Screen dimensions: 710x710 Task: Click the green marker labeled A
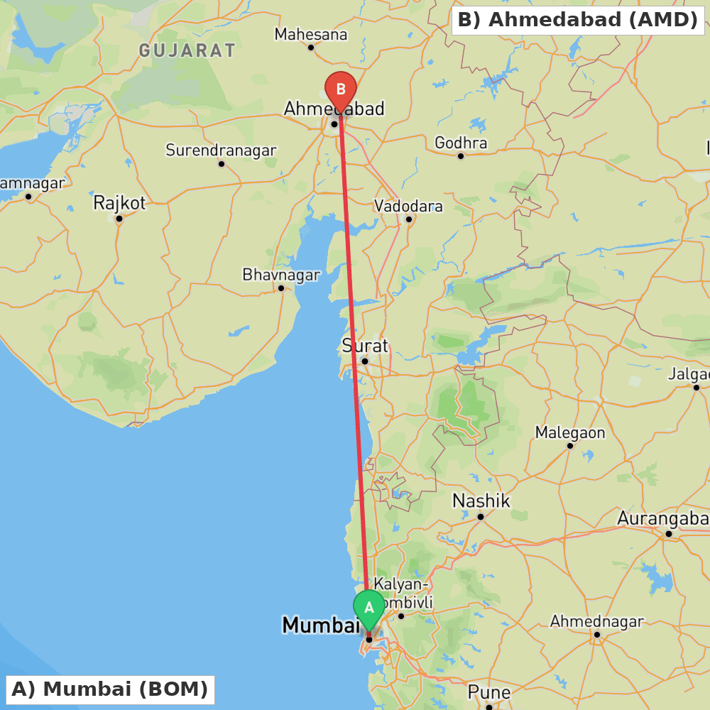[369, 608]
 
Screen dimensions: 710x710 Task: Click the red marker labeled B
[341, 90]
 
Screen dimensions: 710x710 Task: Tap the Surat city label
[365, 346]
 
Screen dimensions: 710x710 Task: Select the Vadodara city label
[408, 206]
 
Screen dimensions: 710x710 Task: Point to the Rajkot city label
[119, 203]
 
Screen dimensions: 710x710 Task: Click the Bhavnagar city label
[281, 274]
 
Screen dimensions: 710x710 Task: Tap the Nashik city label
[481, 501]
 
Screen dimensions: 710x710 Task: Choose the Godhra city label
[461, 143]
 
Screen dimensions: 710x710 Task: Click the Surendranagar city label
[221, 151]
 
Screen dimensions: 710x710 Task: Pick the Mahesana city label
[311, 34]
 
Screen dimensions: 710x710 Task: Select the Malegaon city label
[570, 432]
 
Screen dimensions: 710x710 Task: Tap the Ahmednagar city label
[596, 621]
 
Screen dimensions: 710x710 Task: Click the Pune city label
[488, 692]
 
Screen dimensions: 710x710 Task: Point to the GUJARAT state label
[187, 50]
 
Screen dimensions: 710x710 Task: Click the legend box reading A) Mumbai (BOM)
[110, 689]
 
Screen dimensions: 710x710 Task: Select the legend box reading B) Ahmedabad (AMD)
[578, 20]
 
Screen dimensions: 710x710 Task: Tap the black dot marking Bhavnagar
[281, 288]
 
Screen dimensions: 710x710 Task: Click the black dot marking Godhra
[461, 156]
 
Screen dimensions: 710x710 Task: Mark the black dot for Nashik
[481, 516]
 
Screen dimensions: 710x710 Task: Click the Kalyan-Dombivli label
[403, 593]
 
